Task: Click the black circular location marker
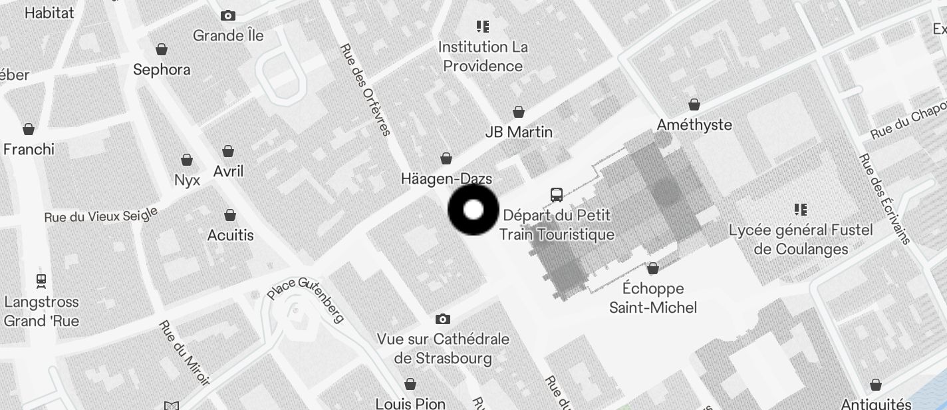coord(473,210)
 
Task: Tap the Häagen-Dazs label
coord(446,178)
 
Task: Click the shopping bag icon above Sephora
coord(161,49)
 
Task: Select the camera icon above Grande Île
coord(228,15)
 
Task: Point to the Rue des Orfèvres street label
coord(365,89)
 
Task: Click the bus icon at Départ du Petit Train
coord(557,195)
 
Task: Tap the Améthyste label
coord(694,124)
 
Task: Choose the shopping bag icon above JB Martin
coord(519,112)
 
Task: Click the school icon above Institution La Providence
coord(483,27)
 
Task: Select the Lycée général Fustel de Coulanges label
coord(801,240)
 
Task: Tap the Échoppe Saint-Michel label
coord(653,298)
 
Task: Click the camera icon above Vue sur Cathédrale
coord(443,319)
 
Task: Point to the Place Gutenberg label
coord(306,299)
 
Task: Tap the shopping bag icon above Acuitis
coord(230,215)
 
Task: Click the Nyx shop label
coord(187,180)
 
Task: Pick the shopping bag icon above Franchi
coord(29,128)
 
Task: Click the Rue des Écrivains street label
coord(884,198)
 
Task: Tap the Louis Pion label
coord(410,403)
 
